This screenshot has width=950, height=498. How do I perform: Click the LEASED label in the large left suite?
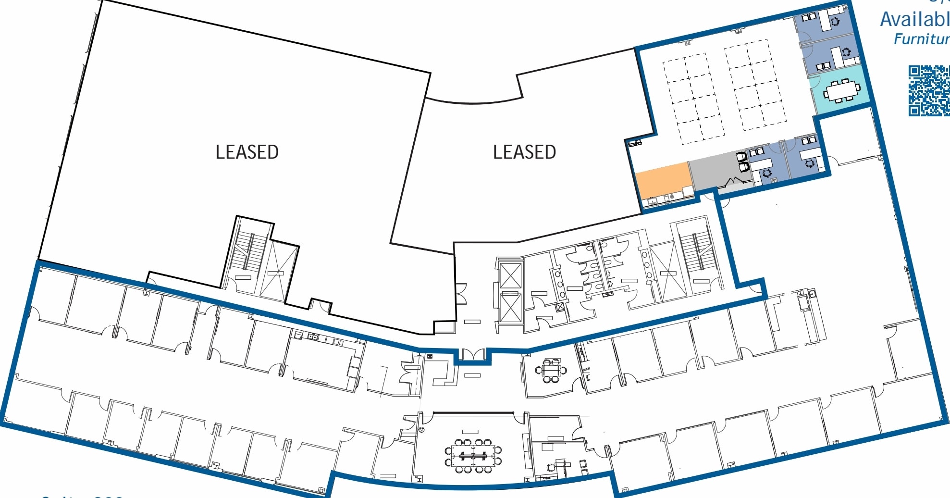pyautogui.click(x=247, y=152)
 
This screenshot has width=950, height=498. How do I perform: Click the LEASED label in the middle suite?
pyautogui.click(x=524, y=152)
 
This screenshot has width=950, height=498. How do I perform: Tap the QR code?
pyautogui.click(x=928, y=91)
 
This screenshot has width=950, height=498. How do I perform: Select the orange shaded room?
pyautogui.click(x=663, y=180)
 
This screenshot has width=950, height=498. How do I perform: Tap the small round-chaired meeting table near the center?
pyautogui.click(x=551, y=371)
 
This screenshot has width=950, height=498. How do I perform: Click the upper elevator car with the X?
pyautogui.click(x=510, y=276)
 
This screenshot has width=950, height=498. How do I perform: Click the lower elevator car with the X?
pyautogui.click(x=510, y=308)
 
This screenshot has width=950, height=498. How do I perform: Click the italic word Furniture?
pyautogui.click(x=921, y=39)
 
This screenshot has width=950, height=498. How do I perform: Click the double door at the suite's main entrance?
pyautogui.click(x=472, y=355)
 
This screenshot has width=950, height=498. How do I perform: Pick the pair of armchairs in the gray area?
pyautogui.click(x=742, y=162)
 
